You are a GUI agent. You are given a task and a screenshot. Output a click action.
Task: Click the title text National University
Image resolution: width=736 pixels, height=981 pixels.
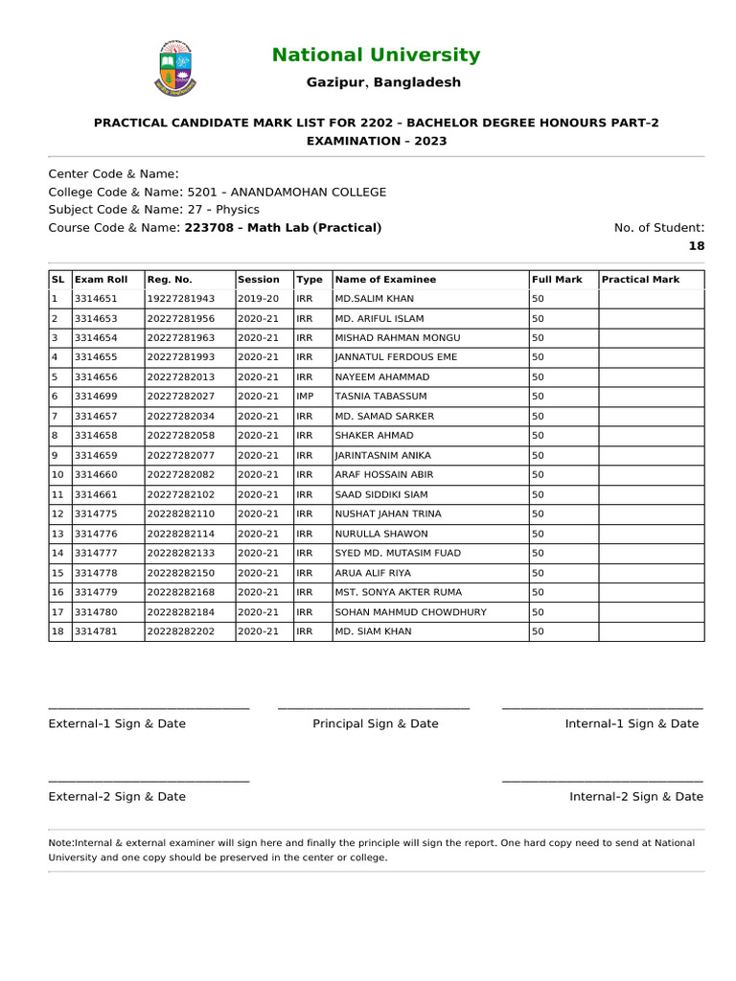(376, 56)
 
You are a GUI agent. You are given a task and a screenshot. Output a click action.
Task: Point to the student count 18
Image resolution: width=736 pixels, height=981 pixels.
(696, 245)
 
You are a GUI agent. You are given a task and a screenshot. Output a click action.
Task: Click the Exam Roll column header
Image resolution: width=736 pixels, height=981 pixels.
(101, 280)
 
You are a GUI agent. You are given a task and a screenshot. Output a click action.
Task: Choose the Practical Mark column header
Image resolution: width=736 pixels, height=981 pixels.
(640, 280)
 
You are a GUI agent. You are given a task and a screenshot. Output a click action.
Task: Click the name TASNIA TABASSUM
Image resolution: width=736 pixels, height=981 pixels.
(380, 397)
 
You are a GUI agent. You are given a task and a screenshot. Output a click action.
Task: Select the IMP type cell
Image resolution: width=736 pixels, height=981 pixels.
(306, 397)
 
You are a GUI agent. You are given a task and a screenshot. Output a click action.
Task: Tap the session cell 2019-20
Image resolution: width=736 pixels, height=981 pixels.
(258, 299)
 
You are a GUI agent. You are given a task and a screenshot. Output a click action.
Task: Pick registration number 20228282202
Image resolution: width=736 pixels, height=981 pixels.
(181, 631)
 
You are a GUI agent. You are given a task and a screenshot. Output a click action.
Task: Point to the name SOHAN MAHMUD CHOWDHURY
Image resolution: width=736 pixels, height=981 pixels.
(410, 612)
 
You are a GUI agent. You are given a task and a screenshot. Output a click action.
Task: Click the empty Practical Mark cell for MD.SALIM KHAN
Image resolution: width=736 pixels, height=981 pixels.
(651, 299)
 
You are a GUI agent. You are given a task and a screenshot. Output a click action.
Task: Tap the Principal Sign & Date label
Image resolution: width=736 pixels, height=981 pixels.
(375, 723)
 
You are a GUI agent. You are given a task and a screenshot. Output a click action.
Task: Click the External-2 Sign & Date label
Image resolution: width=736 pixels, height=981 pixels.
(117, 796)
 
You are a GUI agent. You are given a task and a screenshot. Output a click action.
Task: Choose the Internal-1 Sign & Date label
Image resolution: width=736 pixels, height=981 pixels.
(632, 723)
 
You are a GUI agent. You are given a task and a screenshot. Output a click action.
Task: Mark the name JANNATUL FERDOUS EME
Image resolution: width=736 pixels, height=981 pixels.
(396, 357)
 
